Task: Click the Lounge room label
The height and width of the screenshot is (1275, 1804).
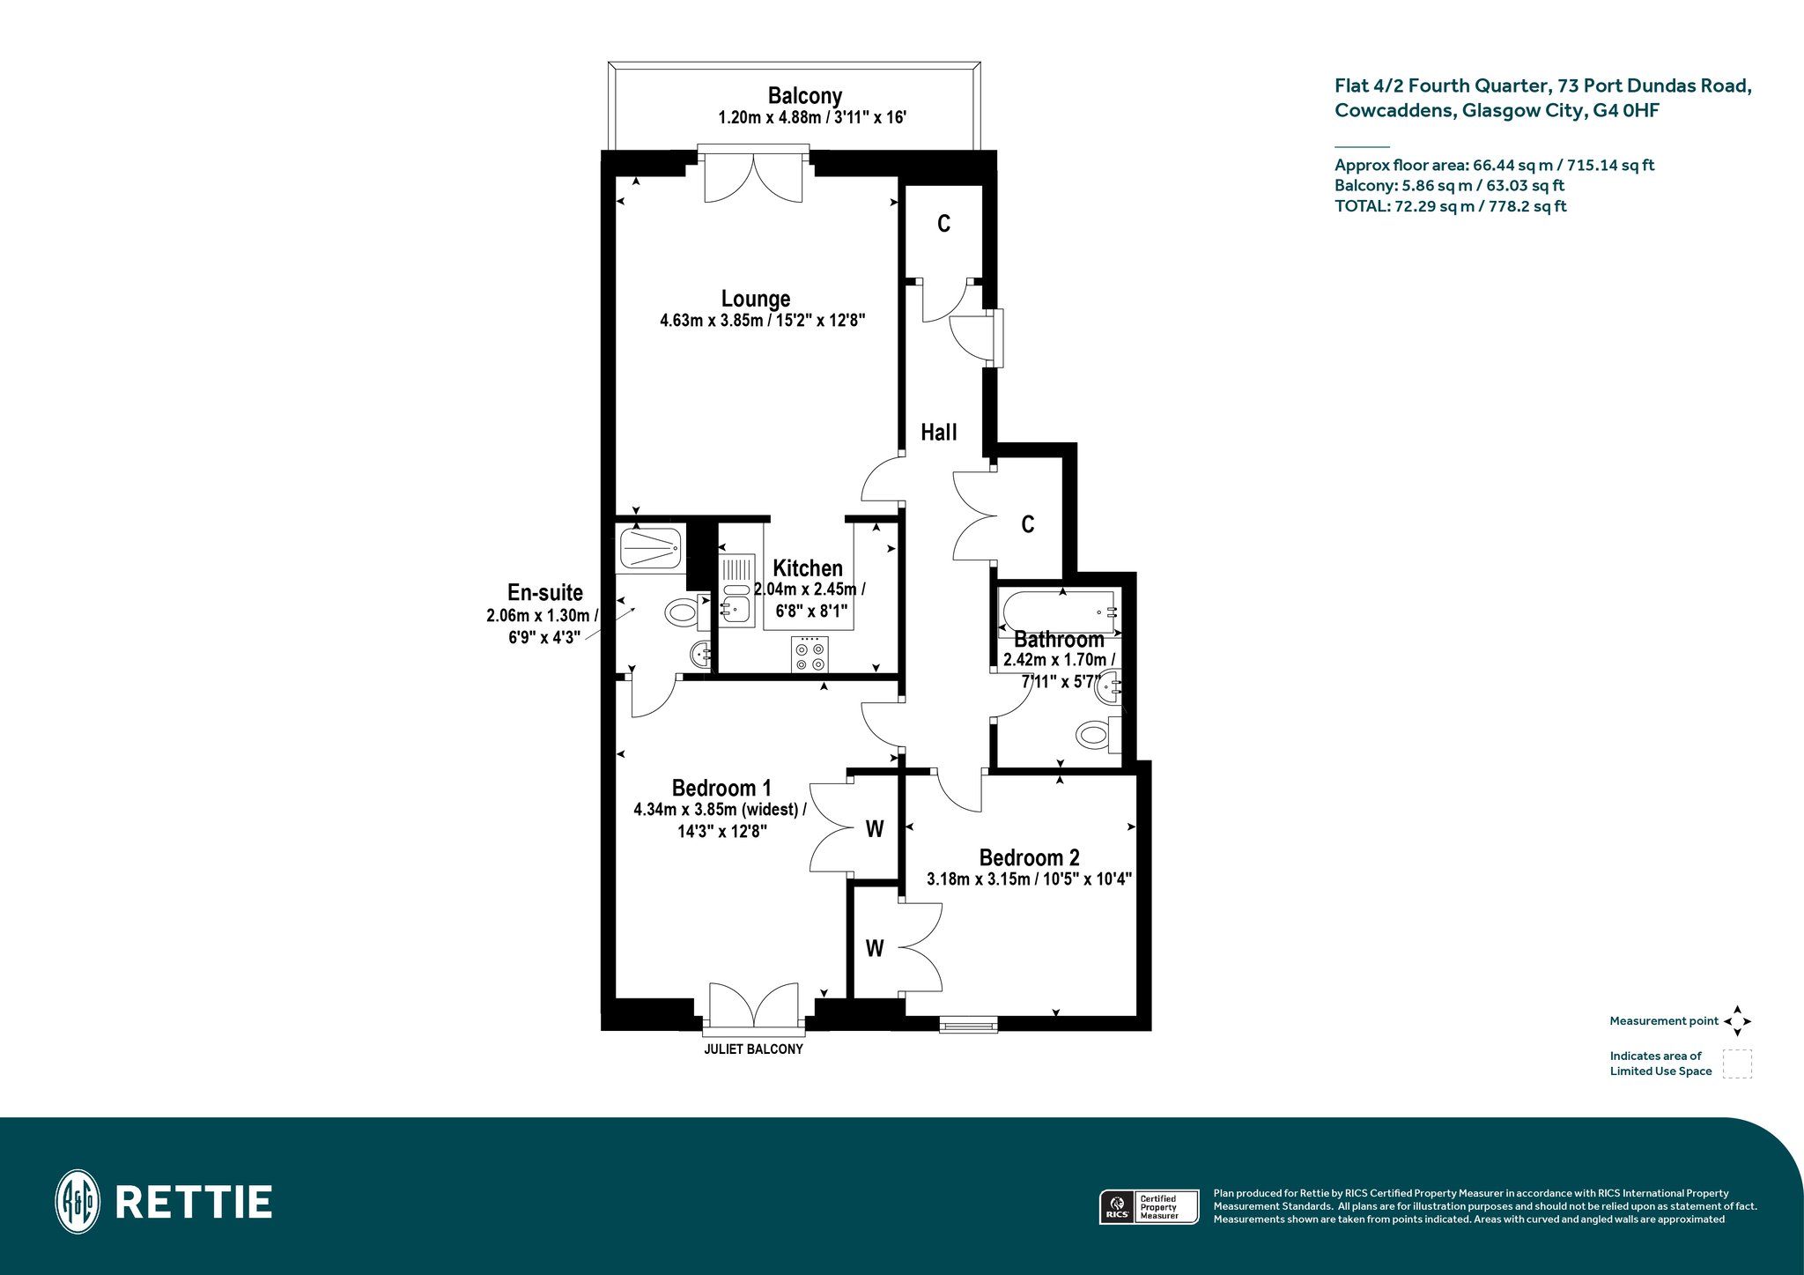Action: (x=756, y=299)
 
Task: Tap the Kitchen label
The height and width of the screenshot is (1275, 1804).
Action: (x=808, y=568)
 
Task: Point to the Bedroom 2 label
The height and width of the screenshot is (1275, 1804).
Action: (x=1029, y=857)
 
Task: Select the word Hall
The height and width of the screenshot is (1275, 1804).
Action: (x=939, y=432)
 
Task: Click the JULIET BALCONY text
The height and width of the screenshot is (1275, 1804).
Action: (x=753, y=1049)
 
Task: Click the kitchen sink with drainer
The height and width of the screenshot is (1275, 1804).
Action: (x=737, y=590)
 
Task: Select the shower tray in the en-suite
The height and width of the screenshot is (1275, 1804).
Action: (x=651, y=548)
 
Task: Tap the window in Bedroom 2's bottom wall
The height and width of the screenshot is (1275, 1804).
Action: (x=968, y=1024)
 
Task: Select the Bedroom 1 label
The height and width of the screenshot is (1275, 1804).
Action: (x=721, y=788)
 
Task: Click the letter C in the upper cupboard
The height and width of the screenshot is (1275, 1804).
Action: (x=943, y=224)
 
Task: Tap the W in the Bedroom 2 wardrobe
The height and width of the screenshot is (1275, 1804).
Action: (x=874, y=948)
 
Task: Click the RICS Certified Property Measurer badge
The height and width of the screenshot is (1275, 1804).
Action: (x=1149, y=1206)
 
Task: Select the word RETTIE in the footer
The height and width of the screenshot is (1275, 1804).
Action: (x=194, y=1203)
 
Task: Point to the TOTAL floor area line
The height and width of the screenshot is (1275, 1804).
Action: (x=1451, y=207)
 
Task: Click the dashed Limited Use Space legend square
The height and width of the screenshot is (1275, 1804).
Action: (x=1738, y=1064)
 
